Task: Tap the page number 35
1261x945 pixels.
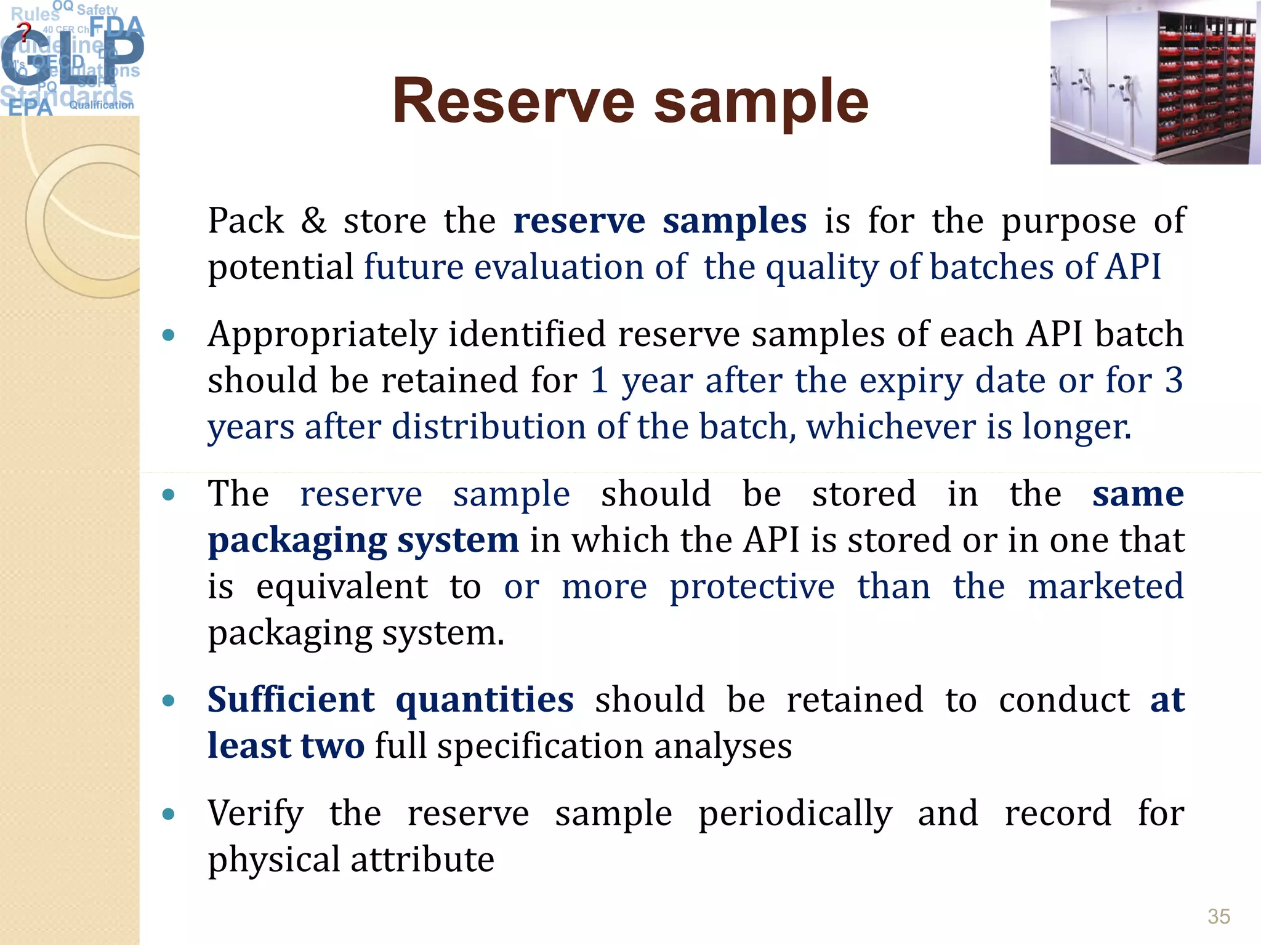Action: tap(1219, 916)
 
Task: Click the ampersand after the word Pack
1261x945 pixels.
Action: tap(313, 220)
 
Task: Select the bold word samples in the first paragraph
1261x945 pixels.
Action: tap(734, 220)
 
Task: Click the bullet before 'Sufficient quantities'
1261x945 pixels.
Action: tap(168, 701)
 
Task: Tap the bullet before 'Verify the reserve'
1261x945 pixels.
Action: tap(168, 814)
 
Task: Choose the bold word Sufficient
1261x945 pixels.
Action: tap(291, 700)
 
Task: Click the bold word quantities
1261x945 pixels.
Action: tap(485, 700)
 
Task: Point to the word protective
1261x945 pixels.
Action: tap(752, 586)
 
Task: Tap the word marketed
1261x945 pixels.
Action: tap(1105, 586)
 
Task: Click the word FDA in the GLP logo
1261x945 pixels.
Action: tap(116, 27)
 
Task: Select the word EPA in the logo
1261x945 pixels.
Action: tap(30, 108)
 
